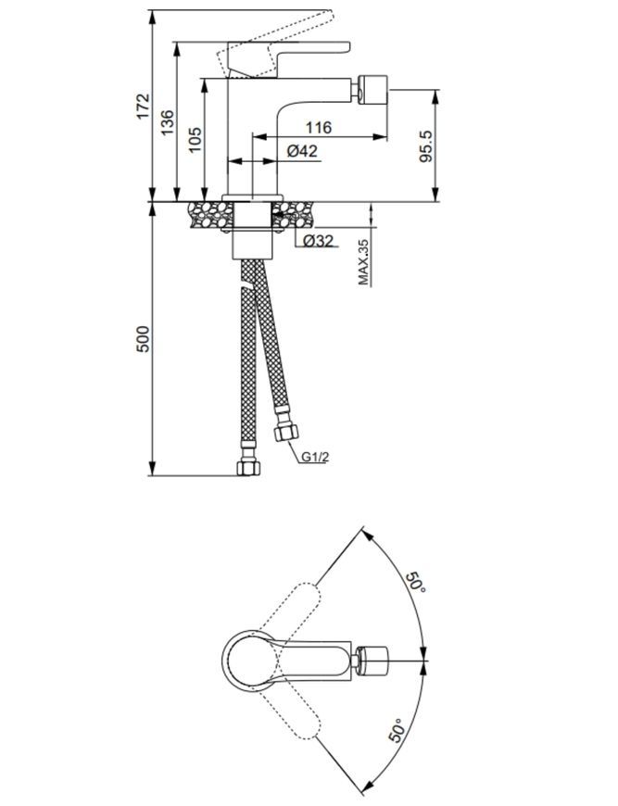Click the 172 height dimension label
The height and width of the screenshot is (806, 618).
pyautogui.click(x=144, y=106)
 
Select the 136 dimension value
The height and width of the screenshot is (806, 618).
pyautogui.click(x=168, y=122)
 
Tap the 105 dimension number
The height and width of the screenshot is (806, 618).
pyautogui.click(x=195, y=140)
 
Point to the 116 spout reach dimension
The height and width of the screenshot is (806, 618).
pyautogui.click(x=320, y=127)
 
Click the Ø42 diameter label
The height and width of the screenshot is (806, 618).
pyautogui.click(x=302, y=151)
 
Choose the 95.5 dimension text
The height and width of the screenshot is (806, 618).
pyautogui.click(x=426, y=146)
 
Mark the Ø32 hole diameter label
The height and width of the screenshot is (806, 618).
pyautogui.click(x=318, y=241)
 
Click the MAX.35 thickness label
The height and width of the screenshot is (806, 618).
pyautogui.click(x=364, y=262)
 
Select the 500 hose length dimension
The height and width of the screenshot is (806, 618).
pyautogui.click(x=143, y=339)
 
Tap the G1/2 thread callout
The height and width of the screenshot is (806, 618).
pyautogui.click(x=315, y=457)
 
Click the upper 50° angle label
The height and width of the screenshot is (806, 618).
pyautogui.click(x=416, y=583)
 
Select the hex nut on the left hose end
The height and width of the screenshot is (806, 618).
pyautogui.click(x=249, y=468)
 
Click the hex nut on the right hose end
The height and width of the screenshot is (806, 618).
pyautogui.click(x=286, y=433)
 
